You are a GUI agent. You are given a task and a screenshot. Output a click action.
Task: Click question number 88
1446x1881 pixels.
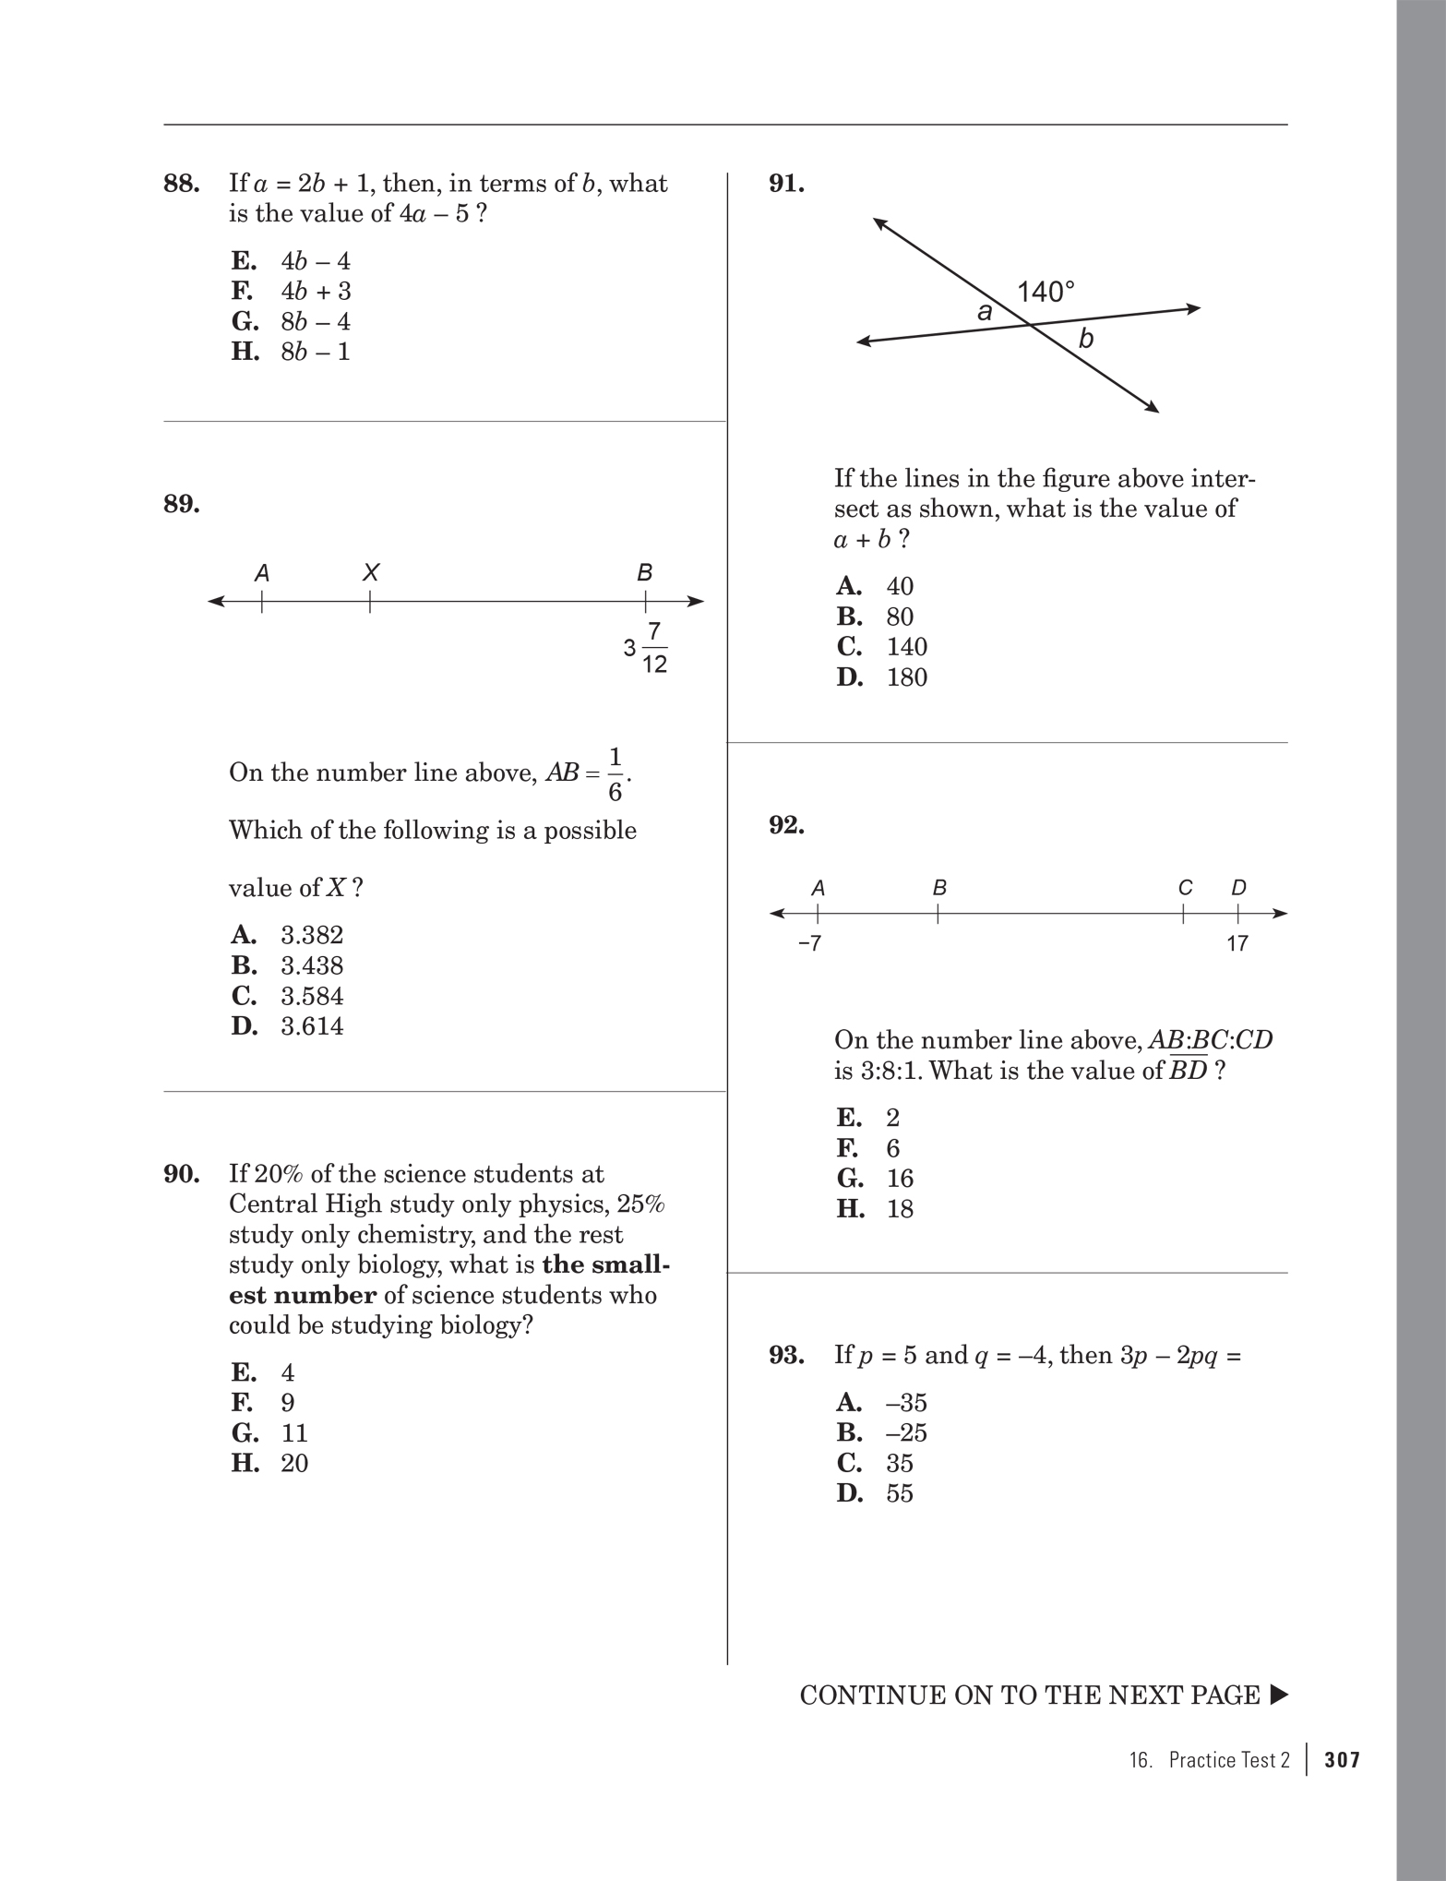(182, 184)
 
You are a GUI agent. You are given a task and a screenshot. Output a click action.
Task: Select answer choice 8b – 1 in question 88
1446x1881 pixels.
(315, 352)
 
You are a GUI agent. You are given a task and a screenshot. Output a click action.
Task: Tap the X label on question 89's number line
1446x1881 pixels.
(370, 572)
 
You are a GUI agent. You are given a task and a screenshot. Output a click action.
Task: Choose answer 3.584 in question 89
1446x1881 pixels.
(311, 996)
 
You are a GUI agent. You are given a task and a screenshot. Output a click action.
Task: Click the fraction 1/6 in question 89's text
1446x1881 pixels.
(615, 774)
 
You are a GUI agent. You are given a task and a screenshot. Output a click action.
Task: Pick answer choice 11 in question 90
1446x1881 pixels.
(293, 1432)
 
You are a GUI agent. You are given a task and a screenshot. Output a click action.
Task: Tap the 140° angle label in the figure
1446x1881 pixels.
(1046, 293)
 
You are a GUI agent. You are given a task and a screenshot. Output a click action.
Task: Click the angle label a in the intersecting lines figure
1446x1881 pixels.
(985, 312)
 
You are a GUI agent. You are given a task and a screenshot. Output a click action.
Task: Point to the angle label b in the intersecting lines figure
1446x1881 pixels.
(1086, 340)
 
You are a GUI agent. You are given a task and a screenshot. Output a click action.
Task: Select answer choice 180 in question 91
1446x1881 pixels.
(906, 677)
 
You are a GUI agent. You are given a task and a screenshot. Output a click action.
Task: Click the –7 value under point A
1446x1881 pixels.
(809, 943)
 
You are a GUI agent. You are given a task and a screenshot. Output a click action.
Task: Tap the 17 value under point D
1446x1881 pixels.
(1237, 943)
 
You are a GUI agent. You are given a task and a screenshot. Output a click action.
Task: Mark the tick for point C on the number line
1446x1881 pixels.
(1184, 914)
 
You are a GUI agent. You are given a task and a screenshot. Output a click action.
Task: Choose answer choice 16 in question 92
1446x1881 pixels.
(899, 1179)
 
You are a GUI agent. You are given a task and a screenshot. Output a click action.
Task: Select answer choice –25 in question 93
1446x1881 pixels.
(905, 1432)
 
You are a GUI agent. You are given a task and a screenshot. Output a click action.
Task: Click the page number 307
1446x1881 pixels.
(1342, 1759)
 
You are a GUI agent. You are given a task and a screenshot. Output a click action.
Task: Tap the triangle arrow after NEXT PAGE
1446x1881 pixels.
(1278, 1695)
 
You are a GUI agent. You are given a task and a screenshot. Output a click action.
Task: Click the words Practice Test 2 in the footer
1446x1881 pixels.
(1228, 1759)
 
